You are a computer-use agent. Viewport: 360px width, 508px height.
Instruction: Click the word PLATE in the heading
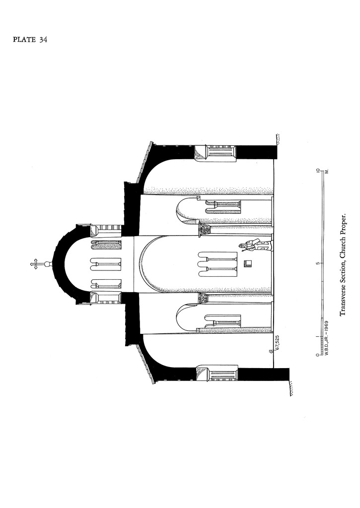coord(24,40)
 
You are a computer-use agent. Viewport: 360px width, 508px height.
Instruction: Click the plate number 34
coord(44,40)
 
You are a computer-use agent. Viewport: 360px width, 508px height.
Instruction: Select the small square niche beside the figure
coord(248,263)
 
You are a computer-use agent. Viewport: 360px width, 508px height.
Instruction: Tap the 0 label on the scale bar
coord(317,355)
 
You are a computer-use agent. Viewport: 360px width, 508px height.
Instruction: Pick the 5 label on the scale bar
coord(317,263)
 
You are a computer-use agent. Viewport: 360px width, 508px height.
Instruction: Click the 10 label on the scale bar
coord(317,171)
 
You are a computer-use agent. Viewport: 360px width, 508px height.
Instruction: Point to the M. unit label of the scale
coord(327,171)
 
